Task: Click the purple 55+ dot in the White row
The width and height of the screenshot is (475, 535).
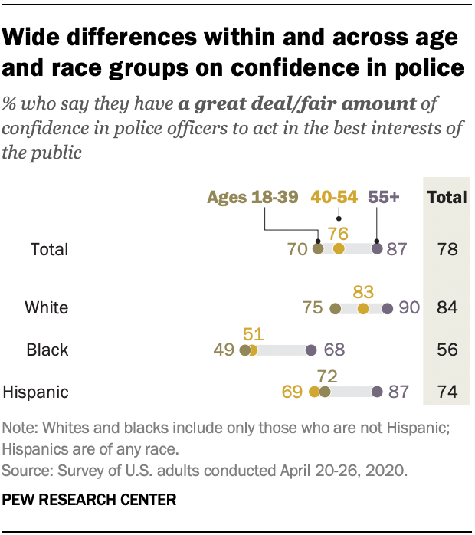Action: (387, 308)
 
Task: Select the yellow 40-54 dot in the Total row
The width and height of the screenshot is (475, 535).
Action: (339, 248)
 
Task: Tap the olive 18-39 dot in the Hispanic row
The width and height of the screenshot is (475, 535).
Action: (325, 392)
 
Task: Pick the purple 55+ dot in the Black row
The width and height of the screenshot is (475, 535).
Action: (310, 350)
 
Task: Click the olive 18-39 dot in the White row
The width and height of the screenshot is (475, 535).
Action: (335, 308)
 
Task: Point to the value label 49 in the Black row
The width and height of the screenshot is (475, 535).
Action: (224, 350)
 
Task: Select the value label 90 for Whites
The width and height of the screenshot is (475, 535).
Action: (409, 308)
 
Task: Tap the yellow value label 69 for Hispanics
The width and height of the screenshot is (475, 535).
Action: (293, 392)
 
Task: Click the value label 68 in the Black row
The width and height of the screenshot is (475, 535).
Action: (333, 350)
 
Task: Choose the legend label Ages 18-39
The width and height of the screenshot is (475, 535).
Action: (253, 197)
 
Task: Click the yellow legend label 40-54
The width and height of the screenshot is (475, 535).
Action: (333, 197)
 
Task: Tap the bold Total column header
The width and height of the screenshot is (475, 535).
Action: (447, 197)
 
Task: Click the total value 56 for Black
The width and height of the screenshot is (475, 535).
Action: (447, 350)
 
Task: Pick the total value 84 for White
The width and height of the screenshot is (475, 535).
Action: (447, 308)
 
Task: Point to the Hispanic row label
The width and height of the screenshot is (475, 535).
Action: (36, 392)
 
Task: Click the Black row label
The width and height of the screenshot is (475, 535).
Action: (47, 350)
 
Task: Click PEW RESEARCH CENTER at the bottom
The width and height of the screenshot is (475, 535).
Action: (90, 500)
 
